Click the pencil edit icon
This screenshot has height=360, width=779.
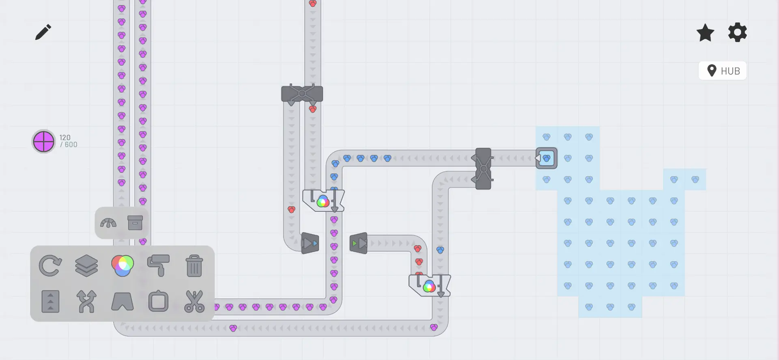43,32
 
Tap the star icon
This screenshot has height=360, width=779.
705,32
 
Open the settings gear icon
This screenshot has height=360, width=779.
737,32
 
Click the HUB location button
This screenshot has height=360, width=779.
722,71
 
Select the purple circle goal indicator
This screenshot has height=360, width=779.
43,142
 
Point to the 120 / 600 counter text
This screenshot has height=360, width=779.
68,141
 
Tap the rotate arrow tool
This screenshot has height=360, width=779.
50,266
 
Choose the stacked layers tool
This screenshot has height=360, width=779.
86,266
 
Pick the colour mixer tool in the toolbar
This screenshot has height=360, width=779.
123,266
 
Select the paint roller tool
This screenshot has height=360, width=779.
158,266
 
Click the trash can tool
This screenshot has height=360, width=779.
194,266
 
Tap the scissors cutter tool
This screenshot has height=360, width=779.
194,302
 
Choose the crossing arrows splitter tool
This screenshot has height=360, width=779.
86,302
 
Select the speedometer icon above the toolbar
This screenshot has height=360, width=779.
108,223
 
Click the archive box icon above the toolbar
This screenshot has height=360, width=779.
135,223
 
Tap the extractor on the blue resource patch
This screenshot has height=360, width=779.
546,158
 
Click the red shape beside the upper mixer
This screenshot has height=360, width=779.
291,209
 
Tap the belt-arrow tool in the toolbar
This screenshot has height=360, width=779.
51,302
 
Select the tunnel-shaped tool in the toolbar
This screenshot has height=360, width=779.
123,302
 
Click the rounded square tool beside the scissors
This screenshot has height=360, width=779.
158,302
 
